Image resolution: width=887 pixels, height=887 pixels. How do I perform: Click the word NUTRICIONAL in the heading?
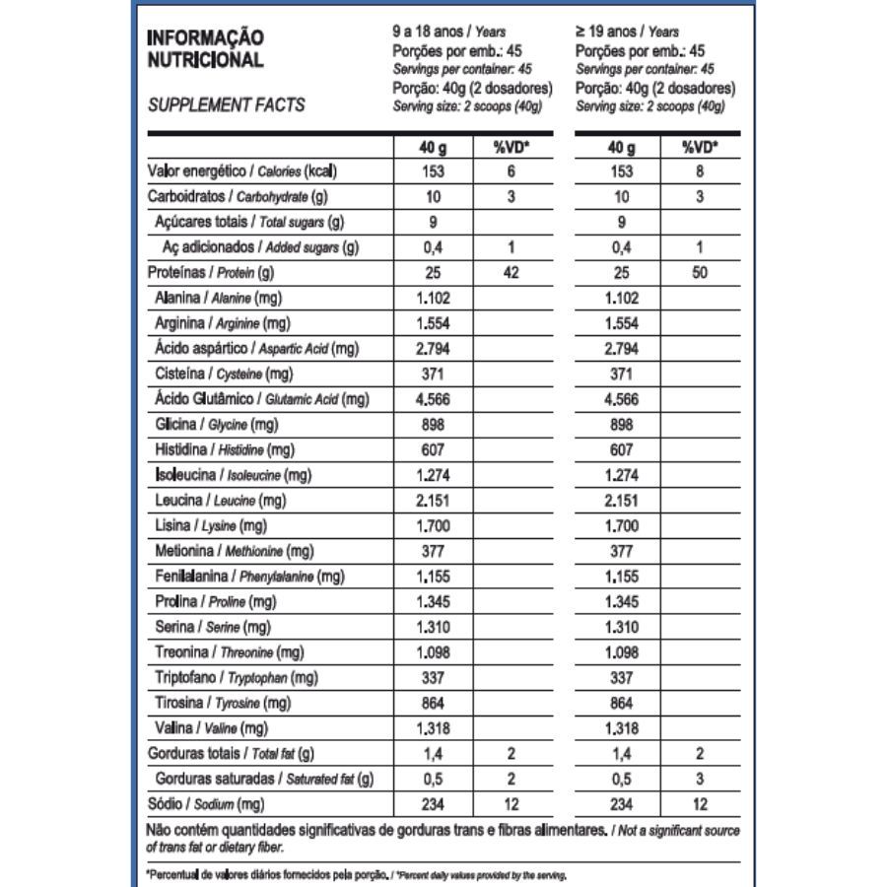coord(204,60)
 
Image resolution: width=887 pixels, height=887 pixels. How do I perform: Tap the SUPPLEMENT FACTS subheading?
coord(226,104)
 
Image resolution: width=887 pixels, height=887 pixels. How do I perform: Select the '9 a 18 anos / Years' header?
coord(448,32)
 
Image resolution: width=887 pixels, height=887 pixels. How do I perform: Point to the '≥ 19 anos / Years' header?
coord(628,32)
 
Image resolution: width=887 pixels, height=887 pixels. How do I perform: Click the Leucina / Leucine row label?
coord(220,501)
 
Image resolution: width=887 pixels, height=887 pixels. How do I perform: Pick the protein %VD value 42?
coord(511,272)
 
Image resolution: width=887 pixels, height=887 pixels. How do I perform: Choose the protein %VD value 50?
coord(700,272)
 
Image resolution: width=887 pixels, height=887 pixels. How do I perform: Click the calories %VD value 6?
coord(511,171)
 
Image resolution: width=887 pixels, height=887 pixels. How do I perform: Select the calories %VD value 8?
coord(700,171)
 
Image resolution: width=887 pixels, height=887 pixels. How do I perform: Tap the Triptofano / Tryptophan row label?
coord(236,678)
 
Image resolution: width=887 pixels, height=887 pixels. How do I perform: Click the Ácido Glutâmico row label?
coord(261,399)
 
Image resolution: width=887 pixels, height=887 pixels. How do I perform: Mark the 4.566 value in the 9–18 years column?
coord(432,399)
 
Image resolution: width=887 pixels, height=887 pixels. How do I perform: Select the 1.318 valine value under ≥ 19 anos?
coord(621,728)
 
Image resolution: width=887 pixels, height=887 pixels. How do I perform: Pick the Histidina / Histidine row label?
coord(225,449)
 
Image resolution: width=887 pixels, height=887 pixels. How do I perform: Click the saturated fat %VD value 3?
coord(700,780)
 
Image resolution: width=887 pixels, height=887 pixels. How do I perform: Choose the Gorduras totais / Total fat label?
coord(230,754)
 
